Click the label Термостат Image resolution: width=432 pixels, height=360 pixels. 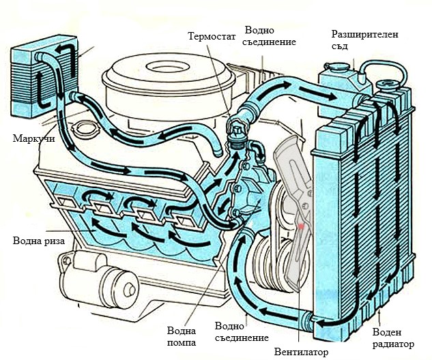coord(212,36)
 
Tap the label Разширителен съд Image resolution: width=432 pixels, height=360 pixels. coord(364,40)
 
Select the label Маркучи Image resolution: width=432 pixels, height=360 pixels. coord(33,138)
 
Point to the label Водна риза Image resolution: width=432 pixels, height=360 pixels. coord(39,241)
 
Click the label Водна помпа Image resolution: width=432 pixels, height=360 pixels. coord(182,336)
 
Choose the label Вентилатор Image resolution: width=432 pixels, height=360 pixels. coord(301,352)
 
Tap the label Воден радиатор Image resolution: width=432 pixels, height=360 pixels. coord(393,338)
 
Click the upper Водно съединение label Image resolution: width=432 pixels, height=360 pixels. coord(270,35)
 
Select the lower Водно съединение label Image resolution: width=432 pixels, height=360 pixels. coord(242,331)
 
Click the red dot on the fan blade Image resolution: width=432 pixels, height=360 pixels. coord(301,226)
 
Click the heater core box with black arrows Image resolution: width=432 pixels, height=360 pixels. coord(44,76)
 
